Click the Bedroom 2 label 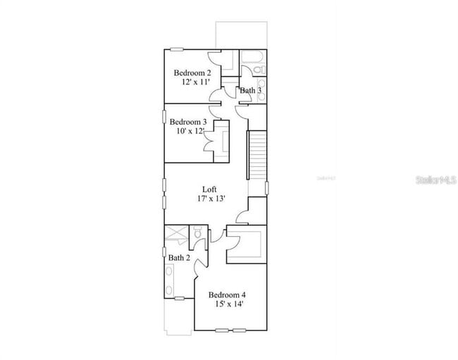[x=192, y=73]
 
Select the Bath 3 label [x=250, y=90]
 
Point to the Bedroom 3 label [x=187, y=121]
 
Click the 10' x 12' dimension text [x=190, y=131]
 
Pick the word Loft [x=209, y=189]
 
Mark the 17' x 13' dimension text [x=211, y=199]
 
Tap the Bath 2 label [x=179, y=258]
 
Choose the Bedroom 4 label [x=227, y=294]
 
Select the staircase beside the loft [x=258, y=154]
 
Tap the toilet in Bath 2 [x=198, y=232]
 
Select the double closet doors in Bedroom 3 [x=210, y=141]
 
